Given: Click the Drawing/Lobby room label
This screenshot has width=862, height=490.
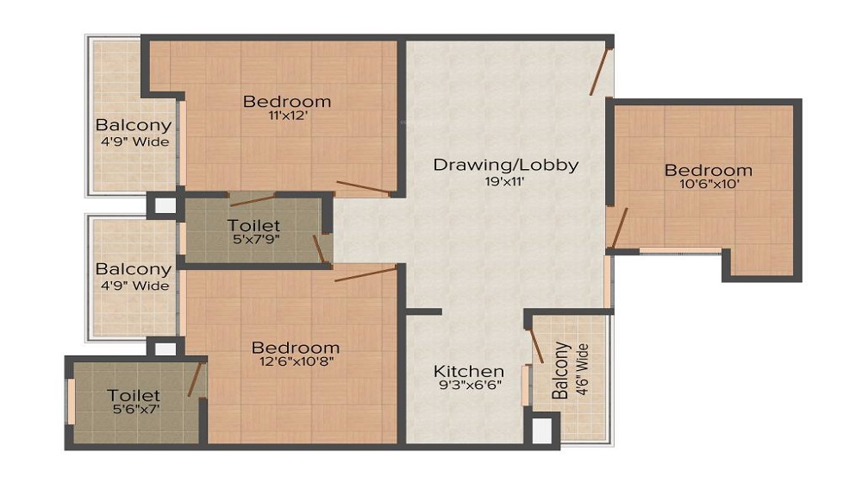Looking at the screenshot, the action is [506, 165].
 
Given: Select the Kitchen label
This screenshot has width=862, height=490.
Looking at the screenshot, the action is [468, 371].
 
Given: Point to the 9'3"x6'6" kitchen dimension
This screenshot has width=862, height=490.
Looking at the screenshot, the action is [470, 385].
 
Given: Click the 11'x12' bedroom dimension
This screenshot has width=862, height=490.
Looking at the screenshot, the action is [288, 116].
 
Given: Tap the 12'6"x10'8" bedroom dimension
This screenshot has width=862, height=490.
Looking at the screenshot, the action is [297, 361].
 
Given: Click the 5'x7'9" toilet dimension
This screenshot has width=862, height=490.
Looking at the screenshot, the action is [257, 239].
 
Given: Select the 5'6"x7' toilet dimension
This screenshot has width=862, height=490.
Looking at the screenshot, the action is [134, 408].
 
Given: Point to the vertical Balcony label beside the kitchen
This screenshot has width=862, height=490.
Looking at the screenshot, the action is [561, 371].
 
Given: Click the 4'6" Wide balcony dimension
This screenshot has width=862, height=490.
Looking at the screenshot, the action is [583, 369].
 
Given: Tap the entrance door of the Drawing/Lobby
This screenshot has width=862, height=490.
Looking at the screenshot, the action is [600, 72].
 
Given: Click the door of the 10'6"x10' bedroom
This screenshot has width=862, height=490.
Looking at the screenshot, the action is [620, 228].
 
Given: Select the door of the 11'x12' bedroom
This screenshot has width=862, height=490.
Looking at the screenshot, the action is [363, 187].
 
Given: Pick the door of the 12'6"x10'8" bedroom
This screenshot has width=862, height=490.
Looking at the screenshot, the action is [365, 273].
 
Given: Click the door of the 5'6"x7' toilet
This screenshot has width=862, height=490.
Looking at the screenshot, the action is [194, 380].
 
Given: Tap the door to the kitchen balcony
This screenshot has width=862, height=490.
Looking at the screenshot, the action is [536, 347].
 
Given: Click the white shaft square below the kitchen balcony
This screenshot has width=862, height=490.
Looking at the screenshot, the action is [542, 429].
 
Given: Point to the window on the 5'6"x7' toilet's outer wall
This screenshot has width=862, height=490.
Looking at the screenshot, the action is [71, 401].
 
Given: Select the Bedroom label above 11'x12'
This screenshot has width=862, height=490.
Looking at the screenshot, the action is [287, 101].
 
